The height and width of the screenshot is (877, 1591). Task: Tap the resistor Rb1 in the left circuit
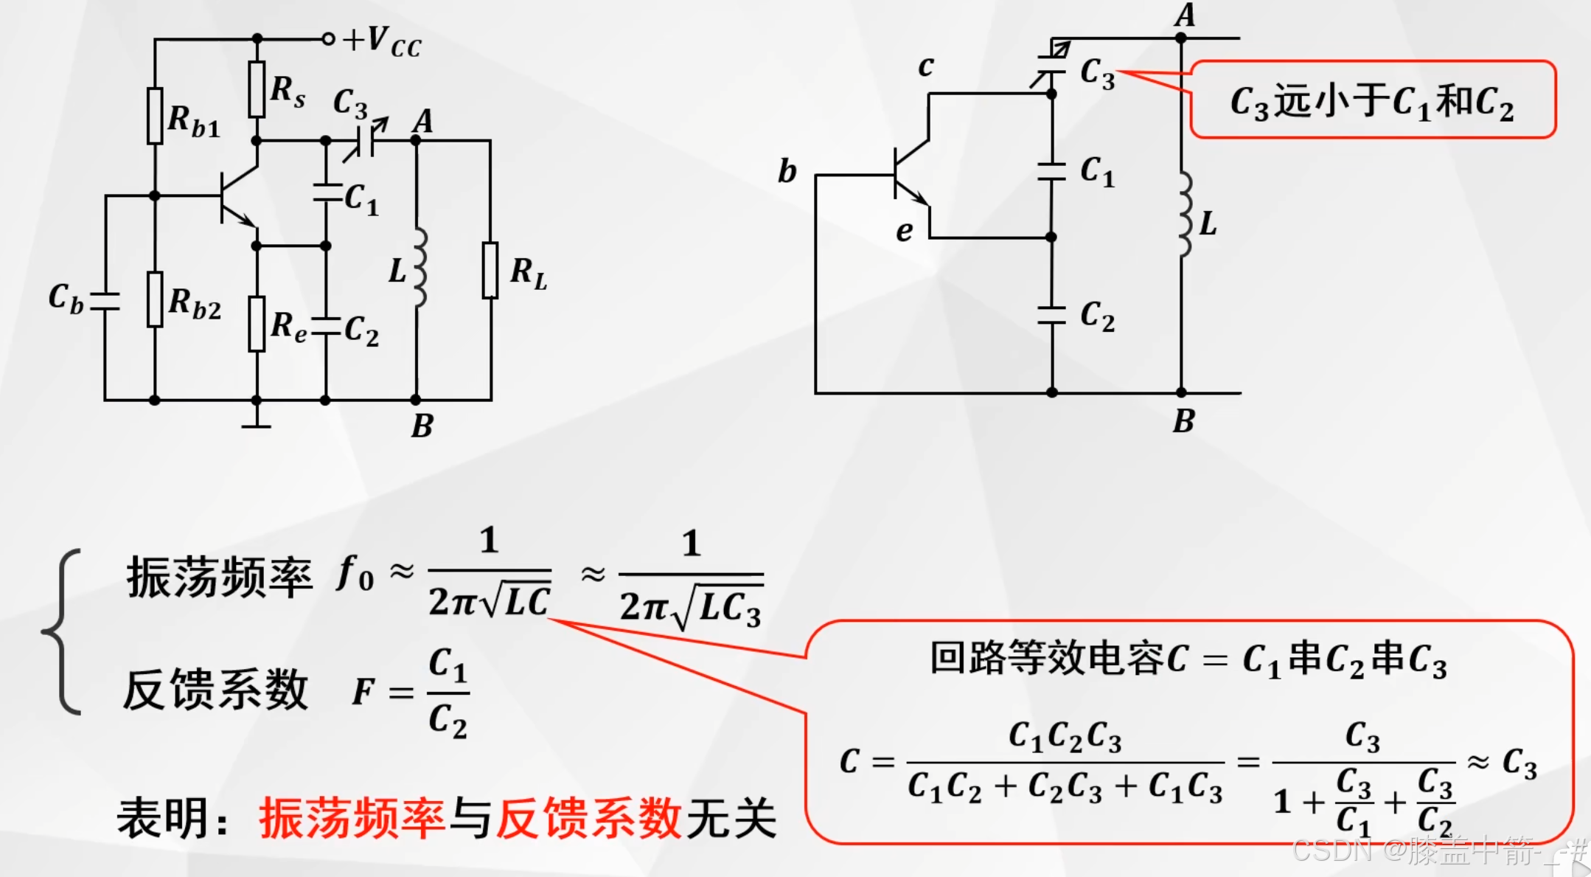tap(155, 116)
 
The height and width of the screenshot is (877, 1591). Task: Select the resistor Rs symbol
tap(257, 89)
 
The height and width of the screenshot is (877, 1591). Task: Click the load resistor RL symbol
tap(490, 270)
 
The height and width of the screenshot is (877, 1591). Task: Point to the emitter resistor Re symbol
tap(257, 324)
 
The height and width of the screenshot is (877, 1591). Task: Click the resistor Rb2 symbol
tap(155, 299)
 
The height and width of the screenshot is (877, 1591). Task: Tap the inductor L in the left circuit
tap(418, 267)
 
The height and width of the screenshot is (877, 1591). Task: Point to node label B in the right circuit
tap(1183, 421)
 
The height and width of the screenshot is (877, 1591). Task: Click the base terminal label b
tap(787, 171)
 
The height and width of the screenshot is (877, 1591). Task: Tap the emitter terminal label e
tap(904, 232)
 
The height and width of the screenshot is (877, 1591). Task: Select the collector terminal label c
tap(926, 67)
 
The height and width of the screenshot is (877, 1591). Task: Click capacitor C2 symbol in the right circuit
tap(1052, 315)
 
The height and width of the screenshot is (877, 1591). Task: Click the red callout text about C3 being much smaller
tap(1371, 102)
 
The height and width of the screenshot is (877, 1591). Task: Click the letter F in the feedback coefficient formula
tap(362, 692)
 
